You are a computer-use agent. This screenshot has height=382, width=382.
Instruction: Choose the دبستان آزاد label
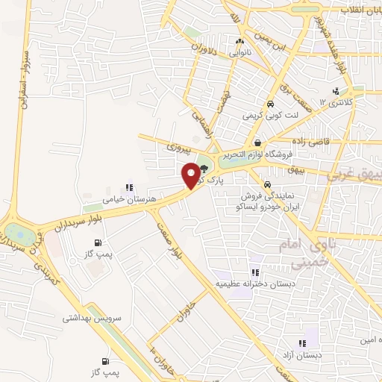[x=301, y=355]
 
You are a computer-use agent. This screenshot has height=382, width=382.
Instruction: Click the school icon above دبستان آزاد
[x=301, y=343]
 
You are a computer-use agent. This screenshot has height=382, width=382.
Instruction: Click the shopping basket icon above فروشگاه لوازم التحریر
[x=257, y=143]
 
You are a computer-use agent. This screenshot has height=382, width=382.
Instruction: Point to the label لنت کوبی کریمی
[x=269, y=116]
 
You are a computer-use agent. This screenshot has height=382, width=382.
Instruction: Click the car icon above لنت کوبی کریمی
[x=269, y=104]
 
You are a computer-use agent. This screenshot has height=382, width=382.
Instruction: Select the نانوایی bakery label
[x=239, y=53]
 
